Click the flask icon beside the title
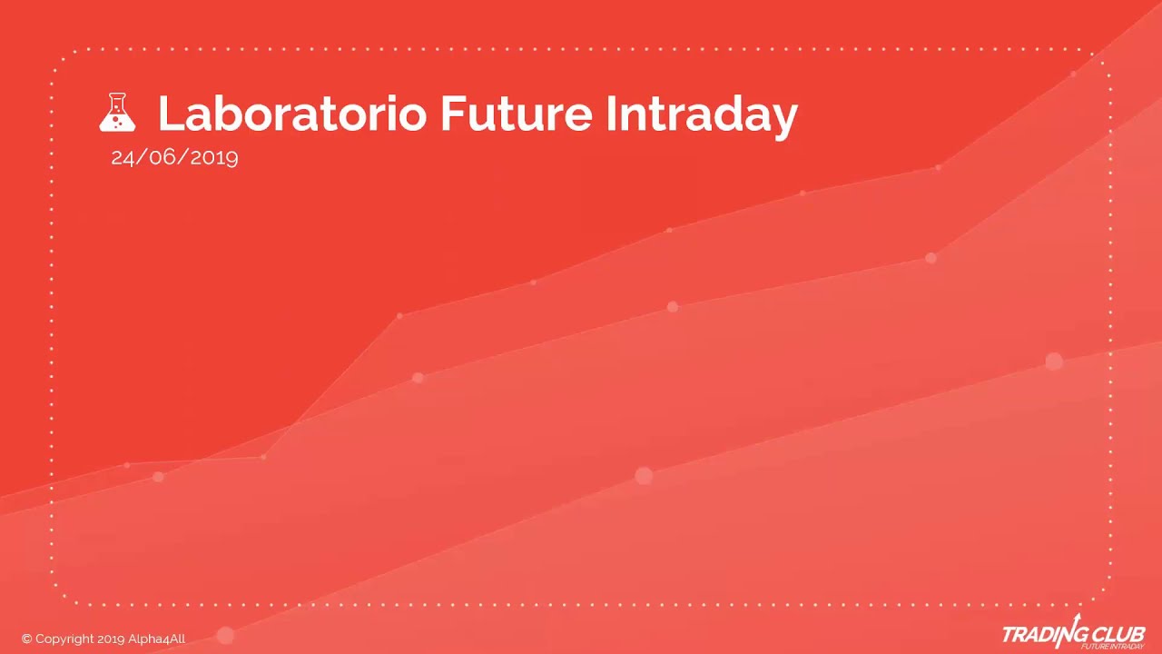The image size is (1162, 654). tap(117, 113)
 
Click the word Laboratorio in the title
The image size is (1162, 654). tap(291, 114)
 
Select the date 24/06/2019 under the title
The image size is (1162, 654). tap(174, 157)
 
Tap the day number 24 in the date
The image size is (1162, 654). tap(122, 157)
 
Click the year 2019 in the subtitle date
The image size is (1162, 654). tap(214, 157)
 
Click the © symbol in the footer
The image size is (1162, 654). tap(26, 639)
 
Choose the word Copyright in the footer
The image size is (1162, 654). tap(64, 639)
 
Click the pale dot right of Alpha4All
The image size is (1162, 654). tap(225, 636)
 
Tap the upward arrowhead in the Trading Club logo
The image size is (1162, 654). tap(1078, 618)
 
